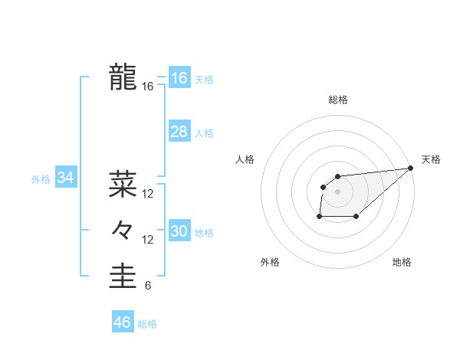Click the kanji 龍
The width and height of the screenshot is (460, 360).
[123, 77]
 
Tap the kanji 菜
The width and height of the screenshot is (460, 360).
[123, 184]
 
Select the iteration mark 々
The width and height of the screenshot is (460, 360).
[123, 230]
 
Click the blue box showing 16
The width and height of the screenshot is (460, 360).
[179, 78]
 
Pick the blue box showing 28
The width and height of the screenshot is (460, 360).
[179, 132]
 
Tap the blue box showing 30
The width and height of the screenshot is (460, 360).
[179, 231]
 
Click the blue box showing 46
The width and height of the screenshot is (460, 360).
[122, 322]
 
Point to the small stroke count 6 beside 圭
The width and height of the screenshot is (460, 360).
[147, 286]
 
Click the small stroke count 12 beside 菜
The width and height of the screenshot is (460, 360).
[147, 194]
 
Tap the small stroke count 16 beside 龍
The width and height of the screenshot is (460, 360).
[147, 87]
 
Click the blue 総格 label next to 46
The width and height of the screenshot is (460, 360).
[147, 324]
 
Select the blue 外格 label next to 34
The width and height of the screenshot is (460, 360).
[41, 179]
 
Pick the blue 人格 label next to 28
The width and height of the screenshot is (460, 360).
[204, 133]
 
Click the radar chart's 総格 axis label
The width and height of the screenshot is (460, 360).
[337, 100]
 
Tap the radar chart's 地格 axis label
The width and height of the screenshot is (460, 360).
[402, 263]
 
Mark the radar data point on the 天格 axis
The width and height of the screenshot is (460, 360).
[410, 168]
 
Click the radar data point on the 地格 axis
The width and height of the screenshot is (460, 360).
[356, 217]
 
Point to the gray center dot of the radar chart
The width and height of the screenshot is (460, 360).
[337, 191]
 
